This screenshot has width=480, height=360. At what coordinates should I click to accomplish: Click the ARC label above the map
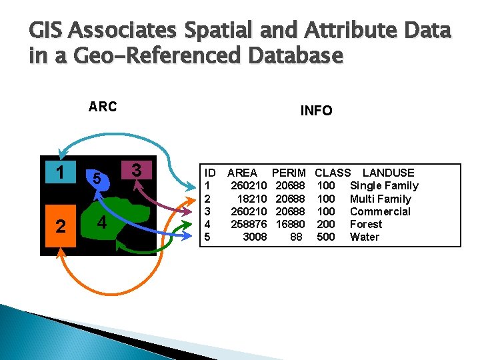coord(103,107)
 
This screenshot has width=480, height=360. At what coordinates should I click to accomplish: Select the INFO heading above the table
coord(316,111)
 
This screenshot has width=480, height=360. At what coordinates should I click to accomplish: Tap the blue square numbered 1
coord(61,173)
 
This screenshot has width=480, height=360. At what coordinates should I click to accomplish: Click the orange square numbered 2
coord(61,226)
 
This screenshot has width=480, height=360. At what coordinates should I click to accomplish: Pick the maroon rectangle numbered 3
coord(137,169)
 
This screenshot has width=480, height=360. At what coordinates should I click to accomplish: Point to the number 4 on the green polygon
coord(100,223)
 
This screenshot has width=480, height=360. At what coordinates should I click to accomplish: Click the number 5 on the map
coord(97,179)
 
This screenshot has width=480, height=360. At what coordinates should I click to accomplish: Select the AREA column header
coord(243,173)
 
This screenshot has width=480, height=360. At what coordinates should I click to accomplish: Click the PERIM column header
coord(289,173)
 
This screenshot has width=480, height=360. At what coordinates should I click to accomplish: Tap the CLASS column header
coord(333,173)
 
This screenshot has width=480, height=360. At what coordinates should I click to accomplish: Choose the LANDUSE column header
coord(388,173)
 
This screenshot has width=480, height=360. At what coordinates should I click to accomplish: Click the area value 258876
coord(249,224)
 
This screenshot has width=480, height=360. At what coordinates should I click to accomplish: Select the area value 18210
coord(252,199)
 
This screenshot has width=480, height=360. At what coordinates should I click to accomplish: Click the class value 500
coord(326,237)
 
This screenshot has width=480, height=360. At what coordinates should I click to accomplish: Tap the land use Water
coord(365,237)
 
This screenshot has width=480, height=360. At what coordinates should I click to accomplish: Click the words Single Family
coord(384,185)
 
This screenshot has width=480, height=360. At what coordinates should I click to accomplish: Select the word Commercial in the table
coord(380,211)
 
